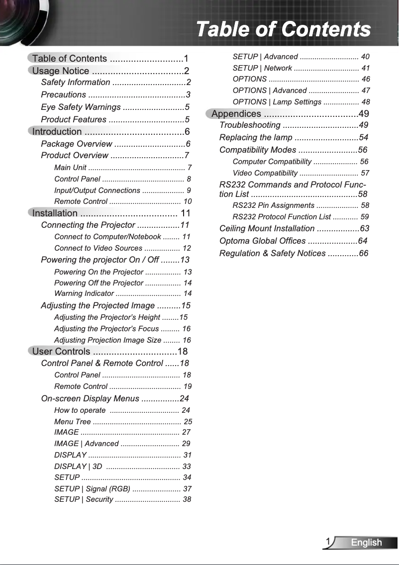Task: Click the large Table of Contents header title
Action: (x=283, y=29)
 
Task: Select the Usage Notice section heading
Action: (x=61, y=71)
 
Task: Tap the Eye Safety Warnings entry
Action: (x=81, y=107)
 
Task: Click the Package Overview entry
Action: (x=77, y=144)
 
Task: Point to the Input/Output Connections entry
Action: (x=97, y=190)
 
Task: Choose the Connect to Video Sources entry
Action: (x=98, y=248)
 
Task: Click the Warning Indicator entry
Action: (x=84, y=293)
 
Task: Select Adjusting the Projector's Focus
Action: (x=106, y=329)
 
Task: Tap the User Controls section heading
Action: (x=61, y=352)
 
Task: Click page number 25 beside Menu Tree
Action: (x=188, y=421)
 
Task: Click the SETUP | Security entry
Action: (x=84, y=499)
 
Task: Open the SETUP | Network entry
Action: (x=262, y=68)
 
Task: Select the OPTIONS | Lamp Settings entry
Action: (x=277, y=102)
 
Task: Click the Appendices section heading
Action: (x=236, y=114)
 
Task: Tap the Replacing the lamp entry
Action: (x=256, y=137)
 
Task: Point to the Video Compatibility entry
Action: (x=265, y=173)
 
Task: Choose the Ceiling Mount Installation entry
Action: (x=267, y=228)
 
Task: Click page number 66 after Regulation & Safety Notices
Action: (x=363, y=253)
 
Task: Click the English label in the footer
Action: (x=366, y=543)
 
